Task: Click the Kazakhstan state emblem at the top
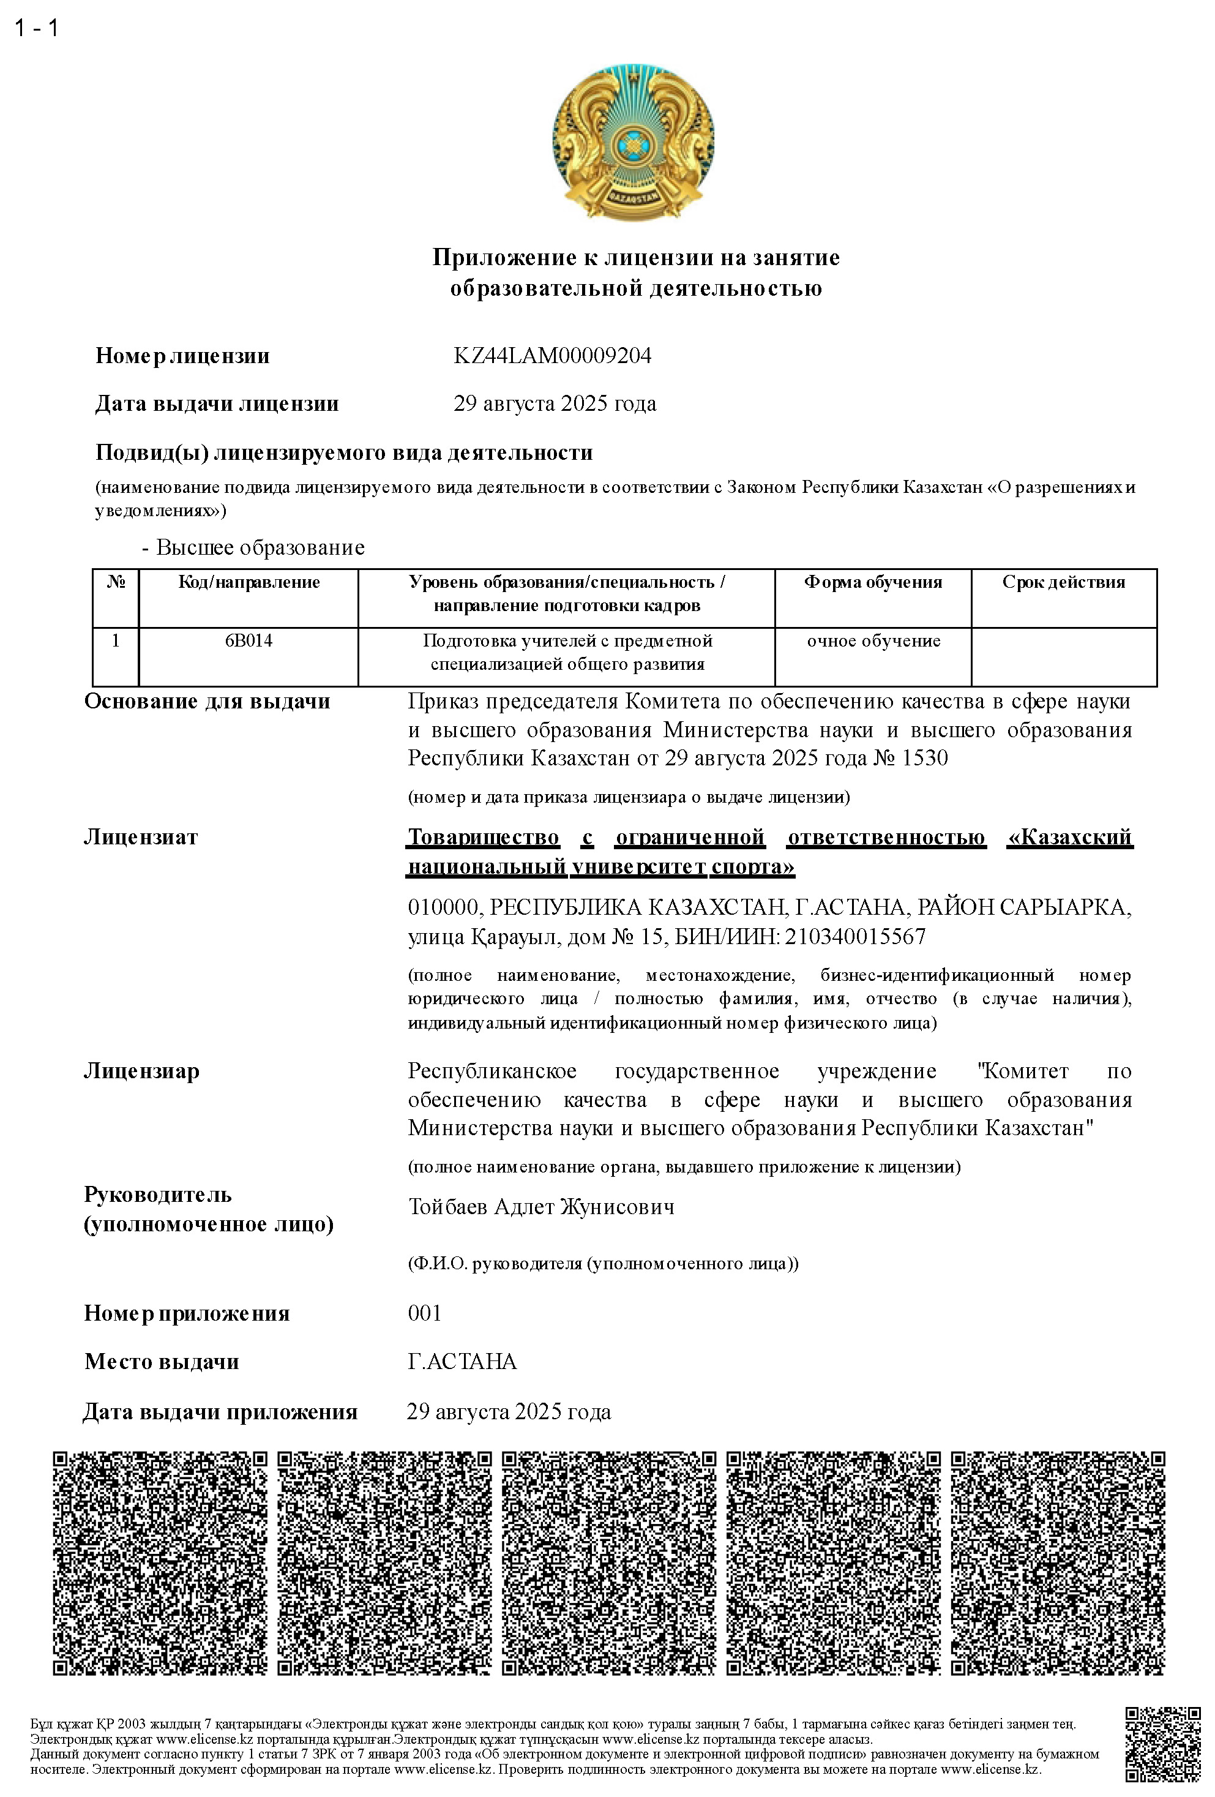coord(632,145)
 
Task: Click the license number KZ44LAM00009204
coord(552,356)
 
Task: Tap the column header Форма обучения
coord(873,582)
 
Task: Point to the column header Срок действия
coord(1064,582)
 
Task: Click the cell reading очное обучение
coord(873,641)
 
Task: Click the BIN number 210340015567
coord(855,937)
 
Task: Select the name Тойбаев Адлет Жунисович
coord(541,1207)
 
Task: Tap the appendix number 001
coord(424,1313)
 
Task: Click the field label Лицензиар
coord(141,1071)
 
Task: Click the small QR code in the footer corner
coord(1162,1744)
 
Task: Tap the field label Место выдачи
coord(162,1362)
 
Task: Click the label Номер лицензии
coord(182,356)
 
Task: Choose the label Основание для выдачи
coord(207,701)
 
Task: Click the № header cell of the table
coord(115,582)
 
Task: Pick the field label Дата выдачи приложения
coord(220,1412)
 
